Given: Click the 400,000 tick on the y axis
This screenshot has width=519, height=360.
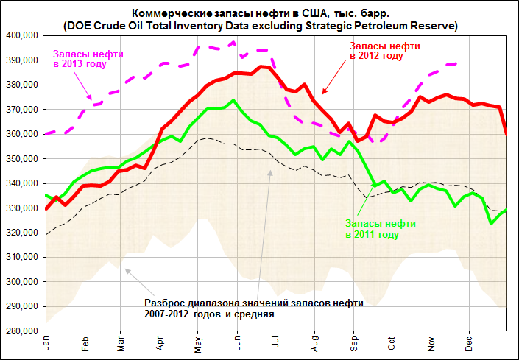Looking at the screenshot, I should click(x=22, y=35).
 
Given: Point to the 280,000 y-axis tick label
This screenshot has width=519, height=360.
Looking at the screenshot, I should click(x=22, y=331).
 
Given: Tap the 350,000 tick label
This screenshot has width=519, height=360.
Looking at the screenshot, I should click(x=22, y=158).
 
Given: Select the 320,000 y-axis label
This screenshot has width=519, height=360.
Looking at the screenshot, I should click(x=22, y=233).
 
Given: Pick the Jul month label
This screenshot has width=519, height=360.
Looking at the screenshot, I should click(x=275, y=343).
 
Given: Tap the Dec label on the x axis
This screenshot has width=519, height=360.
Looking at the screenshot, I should click(x=468, y=343).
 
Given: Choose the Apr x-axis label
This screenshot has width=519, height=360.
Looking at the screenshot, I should click(x=160, y=343).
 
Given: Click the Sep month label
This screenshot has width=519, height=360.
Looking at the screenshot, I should click(x=353, y=343).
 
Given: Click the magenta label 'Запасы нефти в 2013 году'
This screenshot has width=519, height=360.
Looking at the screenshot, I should click(x=89, y=60).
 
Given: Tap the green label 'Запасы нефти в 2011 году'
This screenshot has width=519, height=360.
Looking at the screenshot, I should click(x=381, y=228).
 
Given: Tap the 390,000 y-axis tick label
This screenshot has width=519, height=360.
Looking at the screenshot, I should click(x=22, y=60).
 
